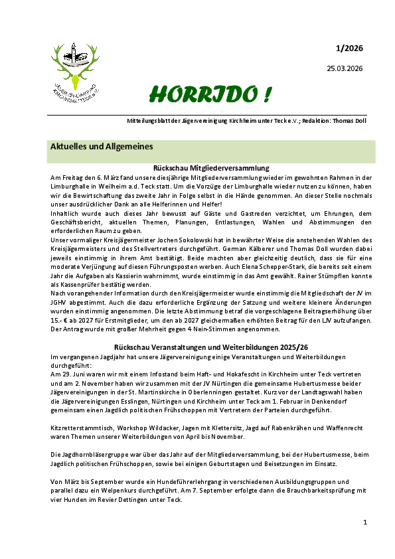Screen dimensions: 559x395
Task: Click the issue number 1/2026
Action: point(349,48)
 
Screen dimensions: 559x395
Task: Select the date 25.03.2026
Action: point(345,68)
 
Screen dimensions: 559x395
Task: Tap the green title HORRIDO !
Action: point(209,95)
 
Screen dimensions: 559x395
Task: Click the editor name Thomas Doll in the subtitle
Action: point(345,121)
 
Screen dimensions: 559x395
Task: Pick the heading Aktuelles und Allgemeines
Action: point(102,146)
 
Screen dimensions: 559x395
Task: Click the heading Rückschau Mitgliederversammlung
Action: point(210,169)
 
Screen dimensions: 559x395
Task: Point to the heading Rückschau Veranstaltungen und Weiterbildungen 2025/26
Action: point(210,347)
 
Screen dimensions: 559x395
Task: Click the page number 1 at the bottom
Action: point(365,523)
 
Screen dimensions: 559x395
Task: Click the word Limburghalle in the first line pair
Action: point(74,187)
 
